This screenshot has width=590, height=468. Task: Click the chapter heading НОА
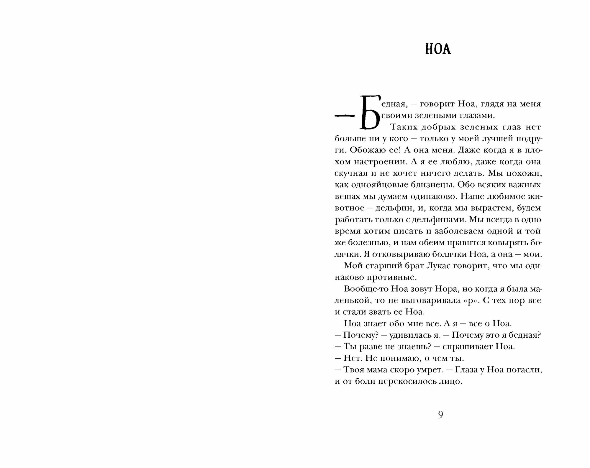click(438, 50)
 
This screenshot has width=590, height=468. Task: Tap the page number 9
click(440, 415)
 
